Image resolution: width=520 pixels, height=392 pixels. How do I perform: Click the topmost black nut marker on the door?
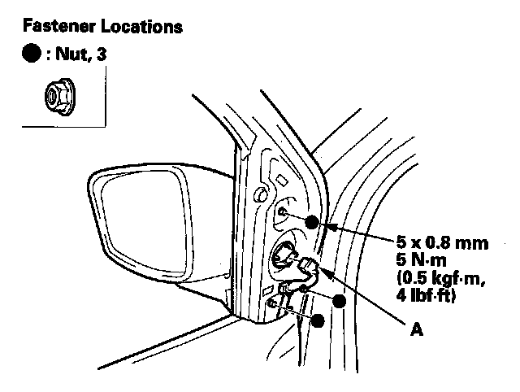click(313, 221)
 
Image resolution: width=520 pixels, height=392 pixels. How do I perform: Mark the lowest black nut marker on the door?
click(318, 320)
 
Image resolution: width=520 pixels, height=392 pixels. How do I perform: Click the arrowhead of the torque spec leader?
click(327, 228)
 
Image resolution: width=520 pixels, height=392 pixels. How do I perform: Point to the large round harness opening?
click(286, 255)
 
